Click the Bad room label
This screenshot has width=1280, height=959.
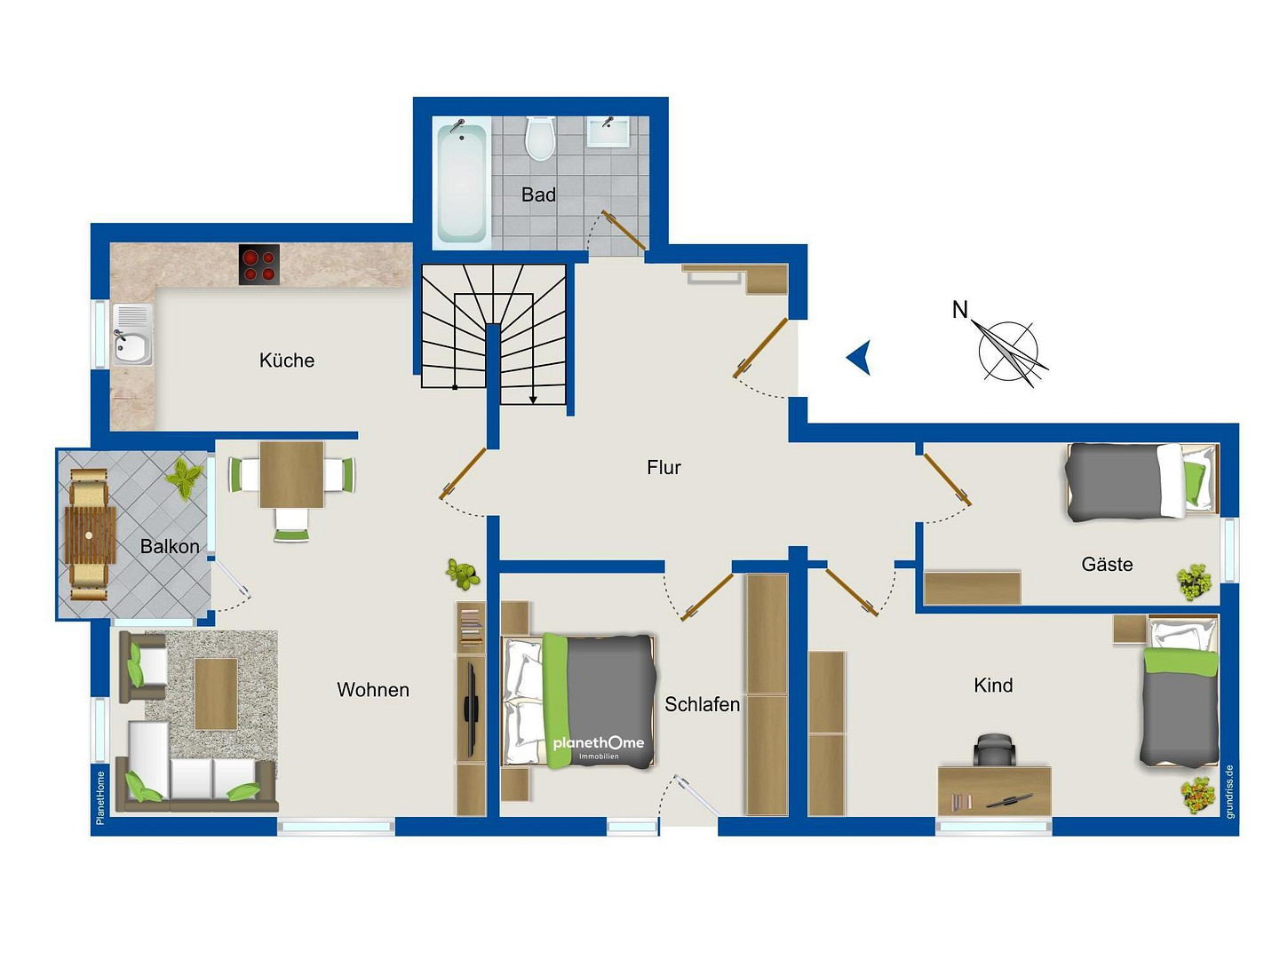(537, 194)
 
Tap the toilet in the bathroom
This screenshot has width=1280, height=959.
(539, 139)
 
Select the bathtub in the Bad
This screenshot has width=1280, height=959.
(462, 181)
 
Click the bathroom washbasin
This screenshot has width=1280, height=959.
(608, 131)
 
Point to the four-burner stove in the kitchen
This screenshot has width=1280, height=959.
(258, 264)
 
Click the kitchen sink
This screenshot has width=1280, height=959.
(132, 335)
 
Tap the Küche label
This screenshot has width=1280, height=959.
(287, 361)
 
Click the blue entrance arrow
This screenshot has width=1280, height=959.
(858, 357)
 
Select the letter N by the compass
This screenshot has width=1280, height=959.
(959, 310)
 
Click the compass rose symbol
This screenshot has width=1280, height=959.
(1009, 353)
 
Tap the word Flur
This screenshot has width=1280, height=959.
(664, 468)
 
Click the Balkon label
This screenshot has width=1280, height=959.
(170, 546)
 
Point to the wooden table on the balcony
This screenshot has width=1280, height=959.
(90, 535)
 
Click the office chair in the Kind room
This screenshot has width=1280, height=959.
(995, 749)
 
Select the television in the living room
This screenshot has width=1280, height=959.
(471, 709)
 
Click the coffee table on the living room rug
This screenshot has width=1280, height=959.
(216, 693)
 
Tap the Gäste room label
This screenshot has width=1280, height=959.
(1107, 565)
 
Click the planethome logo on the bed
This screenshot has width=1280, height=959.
(599, 746)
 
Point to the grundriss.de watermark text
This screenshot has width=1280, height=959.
(1230, 791)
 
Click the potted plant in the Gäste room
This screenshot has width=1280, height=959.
(1194, 582)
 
